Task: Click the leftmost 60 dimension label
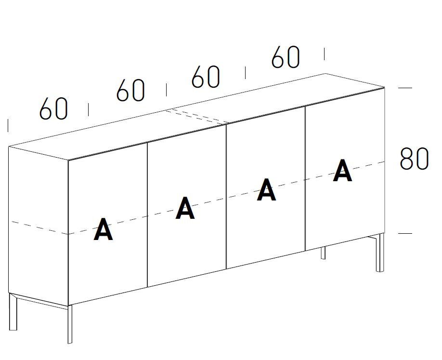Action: coord(53,109)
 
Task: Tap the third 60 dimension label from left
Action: coord(206,77)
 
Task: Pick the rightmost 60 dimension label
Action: coord(286,57)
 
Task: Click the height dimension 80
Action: coord(414,159)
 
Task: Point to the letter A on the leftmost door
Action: coord(103,229)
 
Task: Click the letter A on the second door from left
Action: coord(185,208)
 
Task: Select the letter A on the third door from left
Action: coord(266,190)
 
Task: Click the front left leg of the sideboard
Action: coord(70,324)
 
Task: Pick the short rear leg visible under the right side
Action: coord(323,253)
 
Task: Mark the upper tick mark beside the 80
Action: coord(405,88)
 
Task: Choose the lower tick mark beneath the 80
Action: coord(405,233)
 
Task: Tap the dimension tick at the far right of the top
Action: coord(324,53)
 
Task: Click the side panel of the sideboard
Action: coord(39,222)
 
